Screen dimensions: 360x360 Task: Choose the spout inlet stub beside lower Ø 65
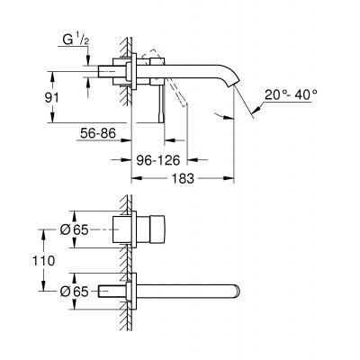113,290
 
